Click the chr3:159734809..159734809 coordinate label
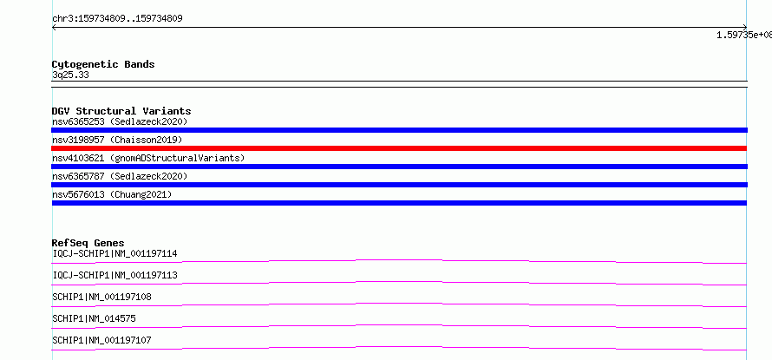[x=117, y=19]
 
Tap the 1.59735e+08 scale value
[x=744, y=35]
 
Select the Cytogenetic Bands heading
[x=103, y=64]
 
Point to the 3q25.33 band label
[x=70, y=75]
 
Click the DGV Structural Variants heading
[x=121, y=111]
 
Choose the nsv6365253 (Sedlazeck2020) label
[x=120, y=121]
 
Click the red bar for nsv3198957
[x=399, y=148]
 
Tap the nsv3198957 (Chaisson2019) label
[x=117, y=140]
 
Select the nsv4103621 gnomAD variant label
[x=148, y=158]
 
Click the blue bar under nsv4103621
[x=399, y=167]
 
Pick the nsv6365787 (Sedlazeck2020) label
[x=120, y=176]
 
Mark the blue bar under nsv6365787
[x=399, y=185]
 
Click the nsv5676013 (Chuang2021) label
[x=112, y=194]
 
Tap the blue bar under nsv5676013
[x=399, y=203]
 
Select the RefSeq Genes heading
[x=88, y=243]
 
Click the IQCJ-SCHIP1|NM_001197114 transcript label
[x=114, y=253]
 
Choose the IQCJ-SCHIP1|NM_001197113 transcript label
[x=114, y=275]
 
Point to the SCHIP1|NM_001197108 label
[x=101, y=297]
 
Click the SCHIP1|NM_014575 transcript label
[x=94, y=318]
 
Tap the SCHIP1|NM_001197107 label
[x=101, y=340]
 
